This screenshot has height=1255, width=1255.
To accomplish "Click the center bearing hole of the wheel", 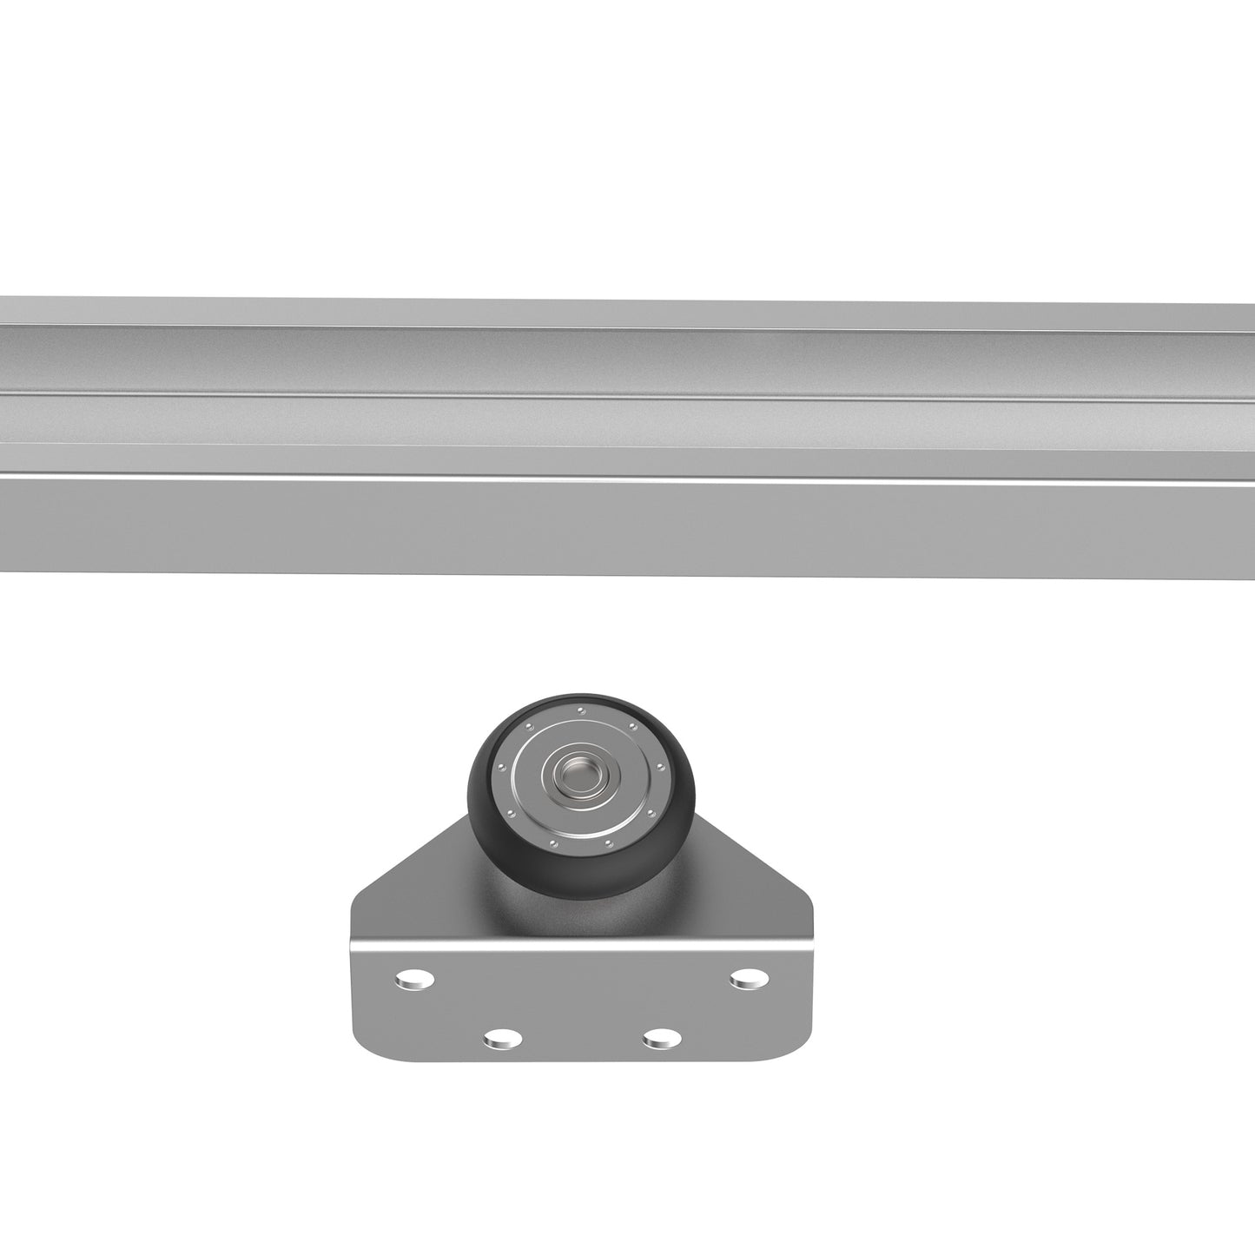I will pyautogui.click(x=573, y=770).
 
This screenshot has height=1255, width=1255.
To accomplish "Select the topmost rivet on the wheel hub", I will pyautogui.click(x=581, y=710).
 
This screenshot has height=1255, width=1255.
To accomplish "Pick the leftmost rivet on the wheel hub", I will pyautogui.click(x=501, y=767).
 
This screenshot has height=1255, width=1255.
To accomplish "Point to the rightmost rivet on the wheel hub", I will pyautogui.click(x=661, y=768).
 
